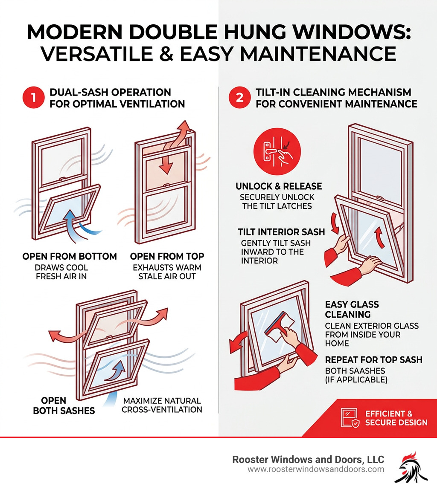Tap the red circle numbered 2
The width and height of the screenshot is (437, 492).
[x=240, y=98]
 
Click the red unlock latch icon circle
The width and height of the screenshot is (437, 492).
[x=277, y=152]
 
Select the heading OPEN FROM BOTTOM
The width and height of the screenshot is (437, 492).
[x=70, y=256]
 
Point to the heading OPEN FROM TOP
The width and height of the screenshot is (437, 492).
[x=167, y=256]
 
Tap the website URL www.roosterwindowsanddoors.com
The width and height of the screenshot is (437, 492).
[x=316, y=469]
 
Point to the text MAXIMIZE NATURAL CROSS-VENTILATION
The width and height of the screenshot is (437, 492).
[x=162, y=405]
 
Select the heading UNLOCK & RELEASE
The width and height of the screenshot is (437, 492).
[x=279, y=186]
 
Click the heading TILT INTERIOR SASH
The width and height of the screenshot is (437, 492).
[x=281, y=232]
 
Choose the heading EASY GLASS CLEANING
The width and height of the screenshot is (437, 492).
[x=352, y=310]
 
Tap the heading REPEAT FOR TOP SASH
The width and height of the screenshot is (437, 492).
[x=373, y=359]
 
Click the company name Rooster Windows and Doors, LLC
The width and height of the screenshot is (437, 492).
[x=308, y=460]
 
